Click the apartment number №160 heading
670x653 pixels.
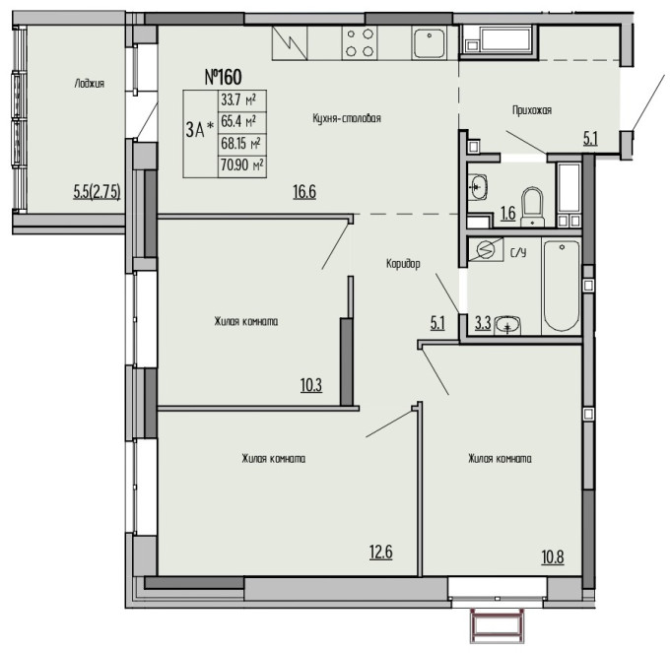tap(223, 77)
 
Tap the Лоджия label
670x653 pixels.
tap(90, 84)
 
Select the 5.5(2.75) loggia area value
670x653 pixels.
tap(97, 192)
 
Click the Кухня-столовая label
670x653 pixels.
tap(347, 118)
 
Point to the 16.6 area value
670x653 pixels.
tap(304, 191)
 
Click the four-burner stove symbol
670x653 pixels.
tap(360, 42)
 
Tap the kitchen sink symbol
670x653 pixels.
tap(429, 42)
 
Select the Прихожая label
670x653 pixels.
tap(532, 110)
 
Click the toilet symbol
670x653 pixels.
tap(532, 207)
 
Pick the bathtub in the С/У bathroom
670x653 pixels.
tap(562, 287)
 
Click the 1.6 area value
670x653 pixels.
tap(508, 213)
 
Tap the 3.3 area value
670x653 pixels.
tap(483, 323)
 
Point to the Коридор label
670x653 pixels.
tap(403, 264)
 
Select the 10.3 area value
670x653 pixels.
tap(311, 385)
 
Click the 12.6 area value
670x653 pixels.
tap(380, 552)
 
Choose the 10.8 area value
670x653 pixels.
tap(553, 556)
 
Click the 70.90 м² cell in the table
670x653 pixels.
tap(241, 164)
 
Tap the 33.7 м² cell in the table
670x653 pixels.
tap(241, 100)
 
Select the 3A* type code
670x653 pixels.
tap(199, 129)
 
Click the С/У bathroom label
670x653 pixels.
tap(518, 253)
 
